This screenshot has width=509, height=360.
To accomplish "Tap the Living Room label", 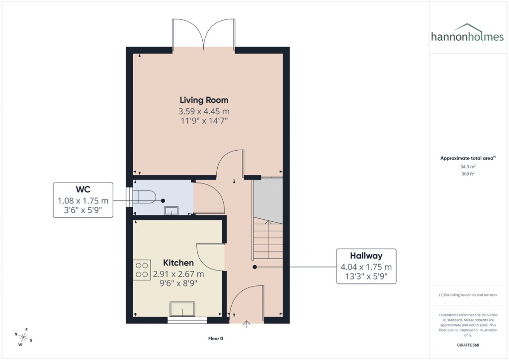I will (x=204, y=100).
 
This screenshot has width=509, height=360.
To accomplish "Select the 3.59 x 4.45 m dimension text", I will (x=204, y=111).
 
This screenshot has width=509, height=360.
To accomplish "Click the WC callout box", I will (x=83, y=200).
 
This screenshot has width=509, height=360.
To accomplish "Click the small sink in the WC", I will (x=171, y=210).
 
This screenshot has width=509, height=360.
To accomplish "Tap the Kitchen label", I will (x=179, y=263).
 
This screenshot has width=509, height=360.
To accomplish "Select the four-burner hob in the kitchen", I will (x=141, y=269).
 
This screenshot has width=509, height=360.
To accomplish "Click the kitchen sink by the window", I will (x=183, y=310).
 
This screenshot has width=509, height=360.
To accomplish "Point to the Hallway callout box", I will (x=366, y=266).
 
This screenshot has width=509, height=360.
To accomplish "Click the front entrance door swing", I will (x=247, y=301).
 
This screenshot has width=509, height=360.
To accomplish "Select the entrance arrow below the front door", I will (x=247, y=325).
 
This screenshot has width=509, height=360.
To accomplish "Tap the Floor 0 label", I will (x=216, y=339).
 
